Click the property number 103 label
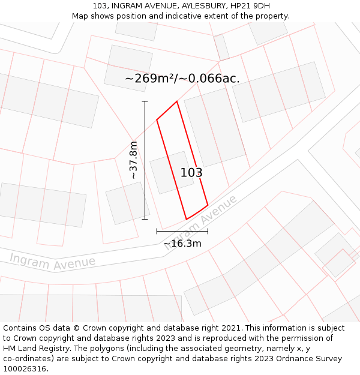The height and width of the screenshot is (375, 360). [x=191, y=173]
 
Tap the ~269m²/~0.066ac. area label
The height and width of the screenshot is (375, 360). [x=182, y=79]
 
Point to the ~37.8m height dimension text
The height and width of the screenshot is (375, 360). [x=133, y=160]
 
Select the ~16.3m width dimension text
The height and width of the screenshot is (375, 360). [x=182, y=244]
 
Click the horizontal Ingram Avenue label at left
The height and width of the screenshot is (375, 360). [x=52, y=262]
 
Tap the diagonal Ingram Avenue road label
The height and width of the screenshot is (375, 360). [x=204, y=219]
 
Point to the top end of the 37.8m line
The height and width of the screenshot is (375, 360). [x=145, y=101]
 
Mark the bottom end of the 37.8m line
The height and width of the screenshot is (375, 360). [x=145, y=219]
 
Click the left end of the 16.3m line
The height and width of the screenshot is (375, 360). [x=157, y=231]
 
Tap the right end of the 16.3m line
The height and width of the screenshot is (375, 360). [x=208, y=231]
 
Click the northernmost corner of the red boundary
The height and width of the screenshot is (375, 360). [x=177, y=101]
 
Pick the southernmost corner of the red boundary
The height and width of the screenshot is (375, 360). [x=187, y=219]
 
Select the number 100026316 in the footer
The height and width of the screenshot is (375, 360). [x=24, y=368]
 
